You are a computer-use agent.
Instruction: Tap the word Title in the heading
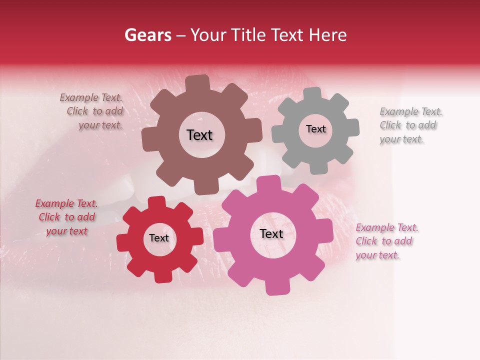[x=249, y=35]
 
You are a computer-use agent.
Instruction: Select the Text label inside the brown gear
[x=199, y=135]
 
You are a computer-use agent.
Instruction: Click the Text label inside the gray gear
[x=315, y=129]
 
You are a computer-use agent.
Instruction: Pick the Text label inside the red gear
[x=159, y=238]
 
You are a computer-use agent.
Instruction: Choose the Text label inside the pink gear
[x=271, y=233]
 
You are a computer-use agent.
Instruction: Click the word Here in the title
[x=328, y=35]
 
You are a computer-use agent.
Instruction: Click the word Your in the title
[x=206, y=35]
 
